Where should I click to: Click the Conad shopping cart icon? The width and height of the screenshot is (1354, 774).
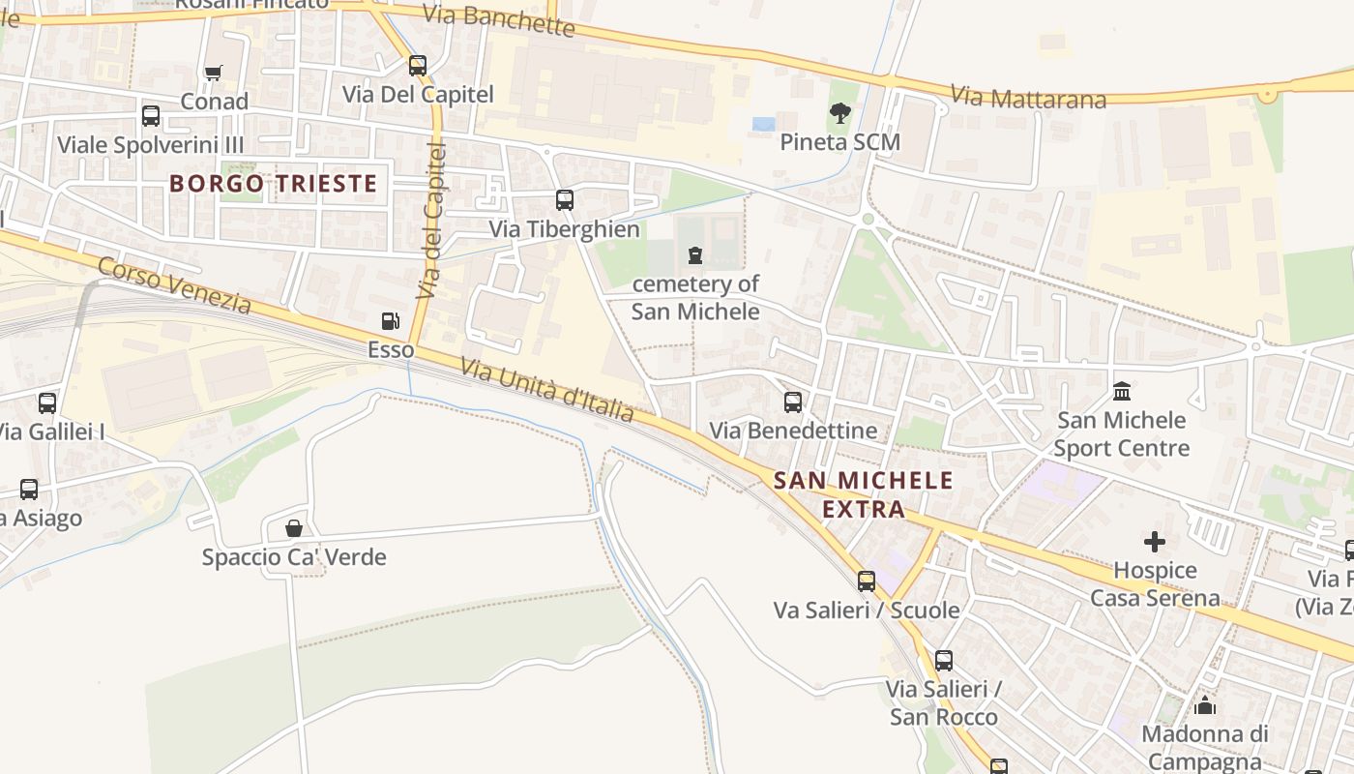[x=214, y=73]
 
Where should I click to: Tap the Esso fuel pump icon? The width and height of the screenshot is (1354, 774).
[x=390, y=321]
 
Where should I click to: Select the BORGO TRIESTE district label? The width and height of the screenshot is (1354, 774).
[x=273, y=183]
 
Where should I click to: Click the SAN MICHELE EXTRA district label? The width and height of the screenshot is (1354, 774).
[x=864, y=494]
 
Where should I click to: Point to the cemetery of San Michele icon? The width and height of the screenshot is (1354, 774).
[x=694, y=255]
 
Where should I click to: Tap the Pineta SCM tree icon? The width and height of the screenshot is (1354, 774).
[x=839, y=113]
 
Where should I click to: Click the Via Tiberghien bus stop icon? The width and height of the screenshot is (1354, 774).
[x=564, y=200]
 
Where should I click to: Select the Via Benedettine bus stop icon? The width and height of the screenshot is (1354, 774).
[x=793, y=402]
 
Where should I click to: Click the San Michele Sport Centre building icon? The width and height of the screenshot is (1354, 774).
[x=1122, y=391]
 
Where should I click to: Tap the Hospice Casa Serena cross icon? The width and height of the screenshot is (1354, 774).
[x=1155, y=542]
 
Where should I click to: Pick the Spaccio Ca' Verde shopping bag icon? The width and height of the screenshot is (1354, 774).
[x=294, y=528]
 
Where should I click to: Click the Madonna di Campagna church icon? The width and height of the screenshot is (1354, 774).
[x=1205, y=705]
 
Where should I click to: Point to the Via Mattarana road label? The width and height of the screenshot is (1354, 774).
[x=1015, y=97]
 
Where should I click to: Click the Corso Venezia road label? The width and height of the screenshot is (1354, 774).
[x=175, y=285]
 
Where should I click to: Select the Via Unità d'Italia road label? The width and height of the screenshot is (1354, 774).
[x=547, y=390]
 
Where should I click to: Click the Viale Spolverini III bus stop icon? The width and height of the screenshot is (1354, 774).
[x=151, y=116]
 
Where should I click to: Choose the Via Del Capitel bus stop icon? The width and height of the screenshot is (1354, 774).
[x=417, y=66]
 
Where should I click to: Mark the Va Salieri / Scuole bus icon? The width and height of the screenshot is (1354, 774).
[x=867, y=581]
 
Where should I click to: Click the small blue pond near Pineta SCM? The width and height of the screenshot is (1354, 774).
[x=763, y=124]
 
